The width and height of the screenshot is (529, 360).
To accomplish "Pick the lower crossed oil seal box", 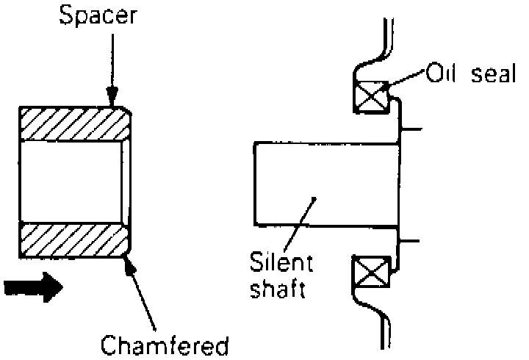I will [370, 274].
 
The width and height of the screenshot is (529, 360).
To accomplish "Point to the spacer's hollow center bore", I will [70, 181].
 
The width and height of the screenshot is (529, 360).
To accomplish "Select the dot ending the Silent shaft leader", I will [314, 198].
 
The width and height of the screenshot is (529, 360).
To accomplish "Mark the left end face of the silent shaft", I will [254, 184].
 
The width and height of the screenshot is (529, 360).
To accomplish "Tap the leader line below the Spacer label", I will [112, 62].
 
